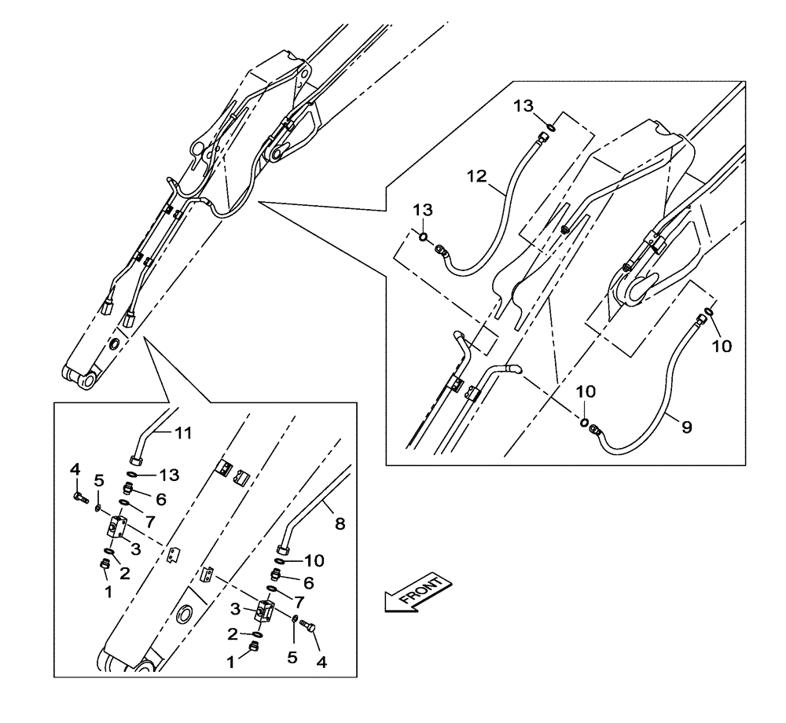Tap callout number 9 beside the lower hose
tap(686, 427)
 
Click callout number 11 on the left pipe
tap(182, 433)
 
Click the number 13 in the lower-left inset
tap(169, 475)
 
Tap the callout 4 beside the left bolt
tap(75, 469)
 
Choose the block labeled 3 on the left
tap(119, 527)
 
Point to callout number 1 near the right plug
tap(231, 662)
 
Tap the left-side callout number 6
tap(160, 498)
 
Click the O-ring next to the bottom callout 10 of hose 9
tap(586, 424)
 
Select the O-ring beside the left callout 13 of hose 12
tap(423, 237)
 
